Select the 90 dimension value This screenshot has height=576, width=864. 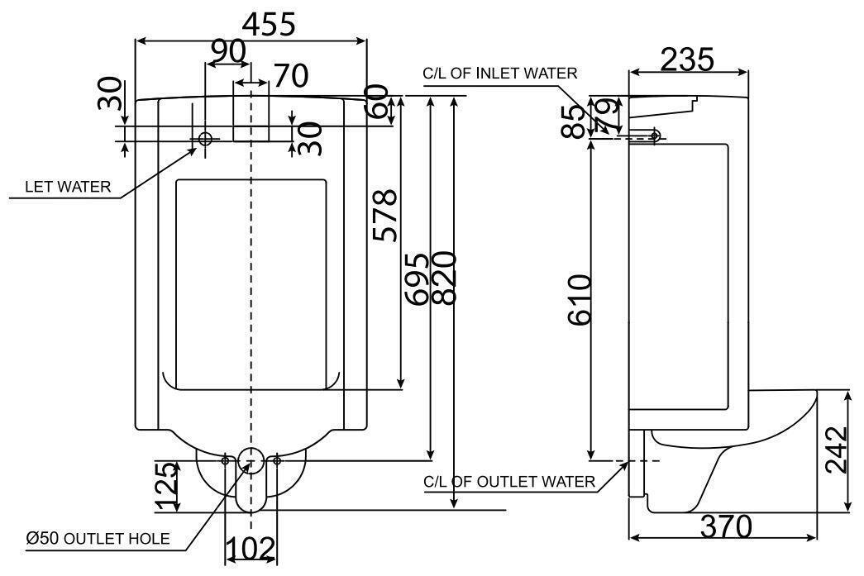point(227,52)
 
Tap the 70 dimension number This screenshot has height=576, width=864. point(290,76)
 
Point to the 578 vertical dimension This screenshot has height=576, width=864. point(384,216)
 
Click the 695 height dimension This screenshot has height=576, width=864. point(421,278)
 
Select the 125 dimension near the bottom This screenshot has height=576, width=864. point(165,487)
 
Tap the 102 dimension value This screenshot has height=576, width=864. point(251,548)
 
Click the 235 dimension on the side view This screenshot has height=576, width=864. point(688,59)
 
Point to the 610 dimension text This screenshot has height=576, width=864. point(580,299)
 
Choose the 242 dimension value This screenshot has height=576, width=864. point(837,450)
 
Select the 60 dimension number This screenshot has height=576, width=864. point(377,102)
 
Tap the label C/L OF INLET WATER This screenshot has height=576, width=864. point(499,74)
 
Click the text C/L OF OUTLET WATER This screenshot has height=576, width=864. point(508,482)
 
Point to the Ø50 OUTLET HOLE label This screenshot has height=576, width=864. point(98,539)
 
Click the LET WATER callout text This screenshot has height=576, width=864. point(68,187)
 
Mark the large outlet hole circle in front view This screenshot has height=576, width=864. point(251,460)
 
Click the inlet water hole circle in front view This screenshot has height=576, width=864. point(205,139)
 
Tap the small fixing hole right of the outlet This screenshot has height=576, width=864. point(277,460)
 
